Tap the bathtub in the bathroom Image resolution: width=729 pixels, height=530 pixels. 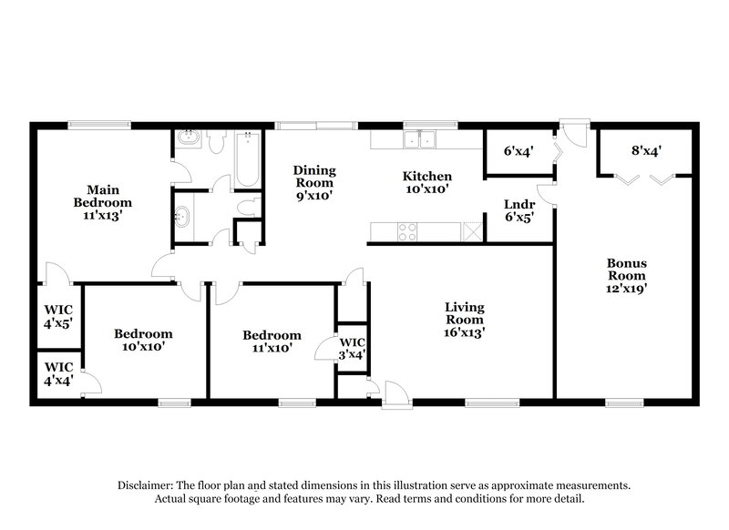[247, 160]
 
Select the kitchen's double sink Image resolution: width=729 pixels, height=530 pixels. [420, 139]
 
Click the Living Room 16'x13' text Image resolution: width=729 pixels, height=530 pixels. [464, 320]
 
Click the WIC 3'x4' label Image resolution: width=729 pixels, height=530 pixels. [351, 349]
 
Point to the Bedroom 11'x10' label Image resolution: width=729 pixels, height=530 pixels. [272, 341]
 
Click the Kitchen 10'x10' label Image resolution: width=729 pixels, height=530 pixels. [428, 182]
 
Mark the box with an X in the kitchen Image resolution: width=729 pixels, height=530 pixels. [471, 231]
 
